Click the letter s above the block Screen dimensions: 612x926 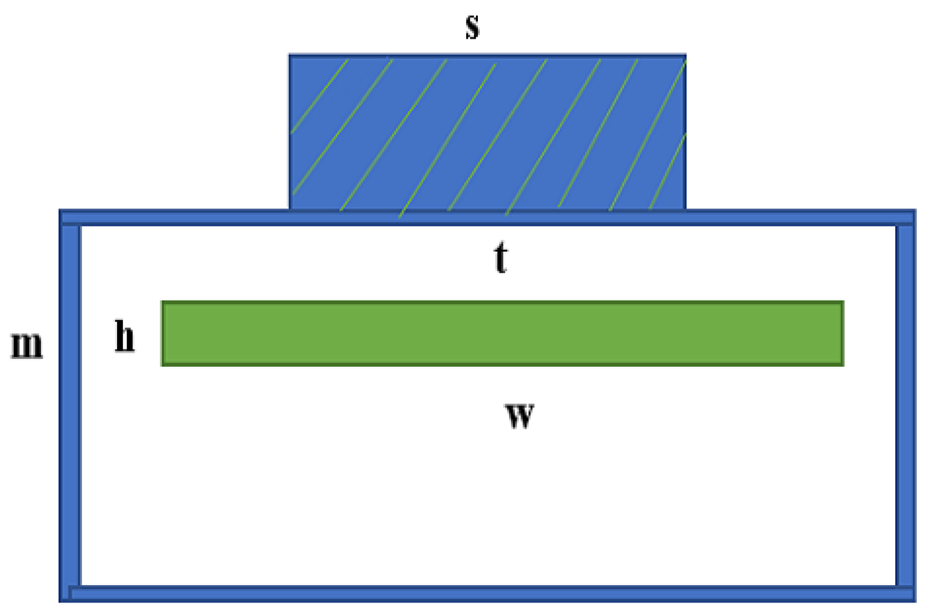click(472, 27)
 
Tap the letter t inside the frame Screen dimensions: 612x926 click(501, 258)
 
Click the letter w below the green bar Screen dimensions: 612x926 click(520, 416)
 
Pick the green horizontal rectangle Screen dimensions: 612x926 click(502, 334)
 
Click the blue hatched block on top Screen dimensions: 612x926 click(487, 132)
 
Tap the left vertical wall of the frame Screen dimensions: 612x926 click(70, 405)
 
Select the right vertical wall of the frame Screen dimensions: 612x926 click(906, 405)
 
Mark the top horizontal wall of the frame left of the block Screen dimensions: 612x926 click(174, 217)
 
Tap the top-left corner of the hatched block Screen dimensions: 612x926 click(290, 56)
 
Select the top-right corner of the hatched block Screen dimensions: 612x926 click(685, 56)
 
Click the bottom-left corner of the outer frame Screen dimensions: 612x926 click(61, 600)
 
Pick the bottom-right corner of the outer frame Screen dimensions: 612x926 click(914, 600)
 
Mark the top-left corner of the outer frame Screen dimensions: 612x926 click(61, 211)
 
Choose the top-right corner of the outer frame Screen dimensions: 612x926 click(914, 211)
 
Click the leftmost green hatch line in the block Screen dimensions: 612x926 click(319, 96)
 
